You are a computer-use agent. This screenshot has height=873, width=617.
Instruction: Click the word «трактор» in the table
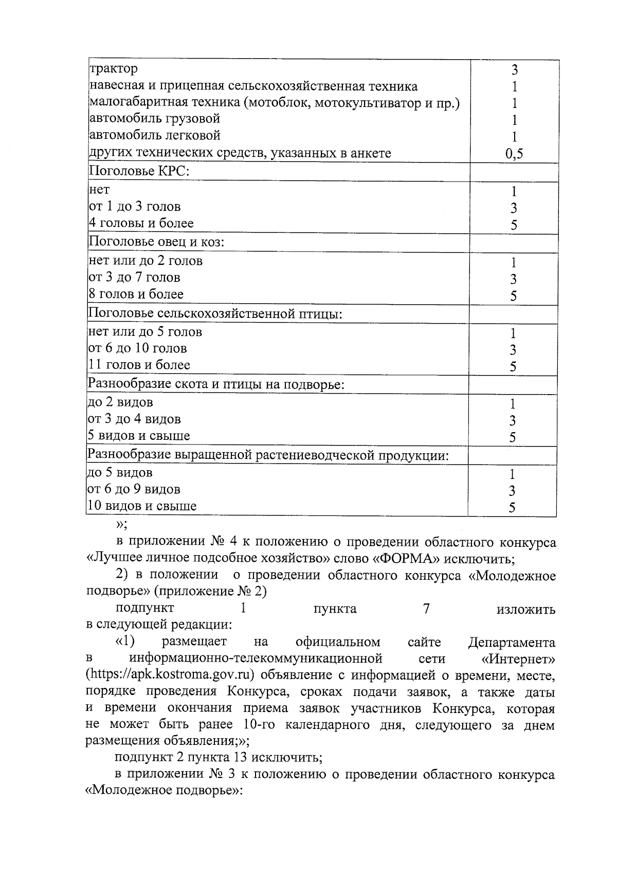click(114, 68)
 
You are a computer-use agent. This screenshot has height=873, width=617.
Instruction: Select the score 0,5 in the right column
click(514, 154)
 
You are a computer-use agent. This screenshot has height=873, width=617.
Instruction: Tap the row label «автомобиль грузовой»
click(155, 119)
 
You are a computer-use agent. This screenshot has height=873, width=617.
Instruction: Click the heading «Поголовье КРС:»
click(139, 171)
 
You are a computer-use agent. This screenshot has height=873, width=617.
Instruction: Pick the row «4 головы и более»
click(141, 223)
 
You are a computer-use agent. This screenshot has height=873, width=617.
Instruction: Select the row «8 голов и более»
click(136, 294)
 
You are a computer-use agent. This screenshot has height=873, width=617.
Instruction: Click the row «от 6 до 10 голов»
click(138, 348)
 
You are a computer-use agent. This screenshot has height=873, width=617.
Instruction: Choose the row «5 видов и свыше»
click(139, 436)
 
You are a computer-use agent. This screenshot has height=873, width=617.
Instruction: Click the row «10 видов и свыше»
click(142, 506)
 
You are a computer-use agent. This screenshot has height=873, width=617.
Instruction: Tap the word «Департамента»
click(512, 643)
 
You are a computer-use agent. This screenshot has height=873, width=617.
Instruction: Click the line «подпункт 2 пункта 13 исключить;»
click(219, 758)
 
